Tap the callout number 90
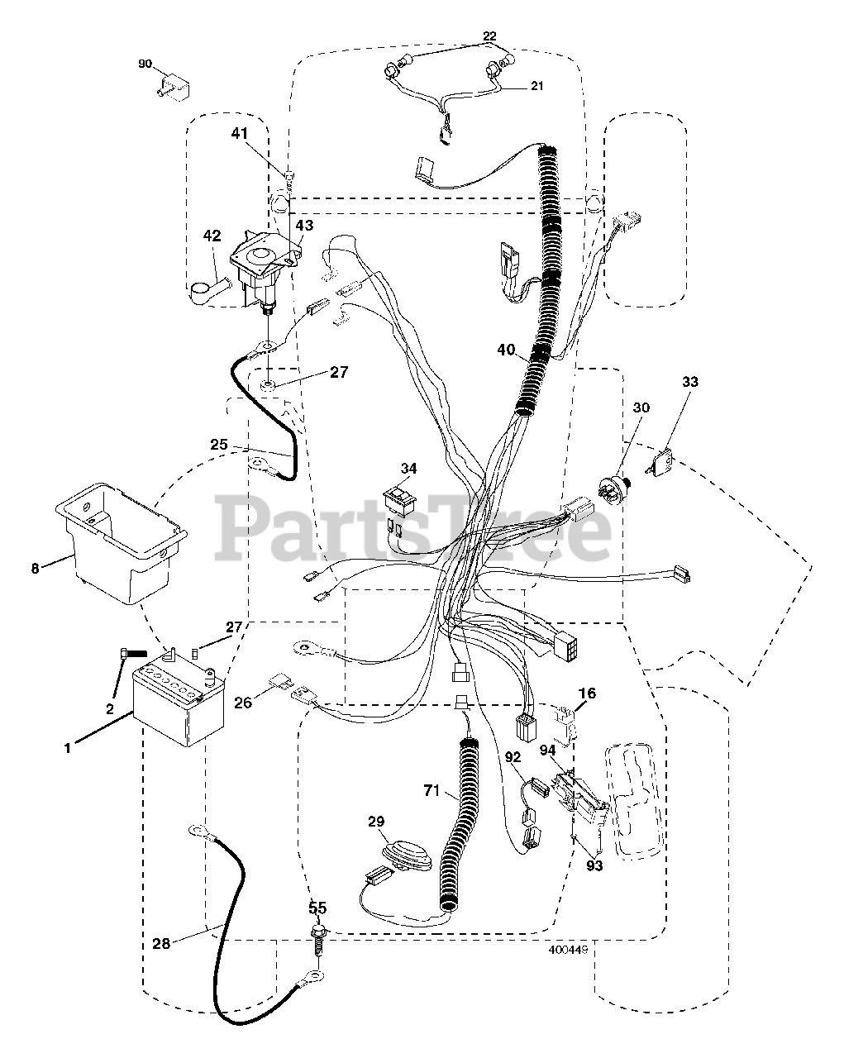click(x=145, y=64)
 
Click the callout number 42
click(x=212, y=236)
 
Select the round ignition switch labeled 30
click(x=615, y=482)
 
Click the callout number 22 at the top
click(x=490, y=36)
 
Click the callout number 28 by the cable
click(x=161, y=943)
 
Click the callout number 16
click(x=587, y=693)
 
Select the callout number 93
click(x=594, y=865)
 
